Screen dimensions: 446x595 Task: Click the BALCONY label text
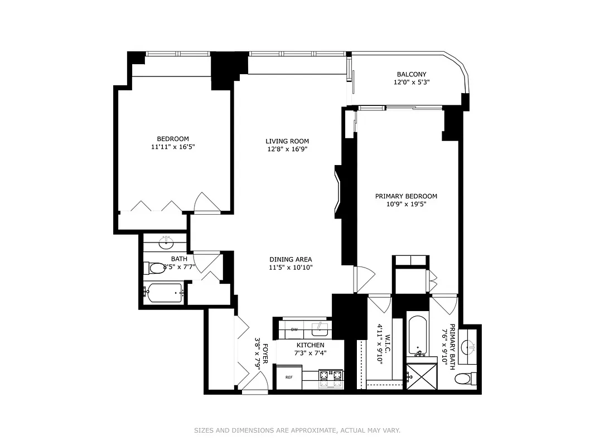pyautogui.click(x=411, y=74)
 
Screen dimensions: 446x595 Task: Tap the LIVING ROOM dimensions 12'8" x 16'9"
pyautogui.click(x=287, y=149)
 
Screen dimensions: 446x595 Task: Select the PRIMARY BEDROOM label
pyautogui.click(x=405, y=196)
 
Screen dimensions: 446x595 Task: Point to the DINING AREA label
pyautogui.click(x=290, y=259)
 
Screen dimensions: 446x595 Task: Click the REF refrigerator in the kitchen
pyautogui.click(x=289, y=377)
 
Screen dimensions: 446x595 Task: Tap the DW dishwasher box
pyautogui.click(x=294, y=330)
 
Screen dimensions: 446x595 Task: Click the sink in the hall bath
pyautogui.click(x=166, y=243)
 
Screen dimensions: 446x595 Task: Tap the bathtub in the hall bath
pyautogui.click(x=164, y=293)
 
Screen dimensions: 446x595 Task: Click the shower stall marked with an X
pyautogui.click(x=421, y=376)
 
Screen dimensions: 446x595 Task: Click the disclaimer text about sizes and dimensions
pyautogui.click(x=297, y=430)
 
